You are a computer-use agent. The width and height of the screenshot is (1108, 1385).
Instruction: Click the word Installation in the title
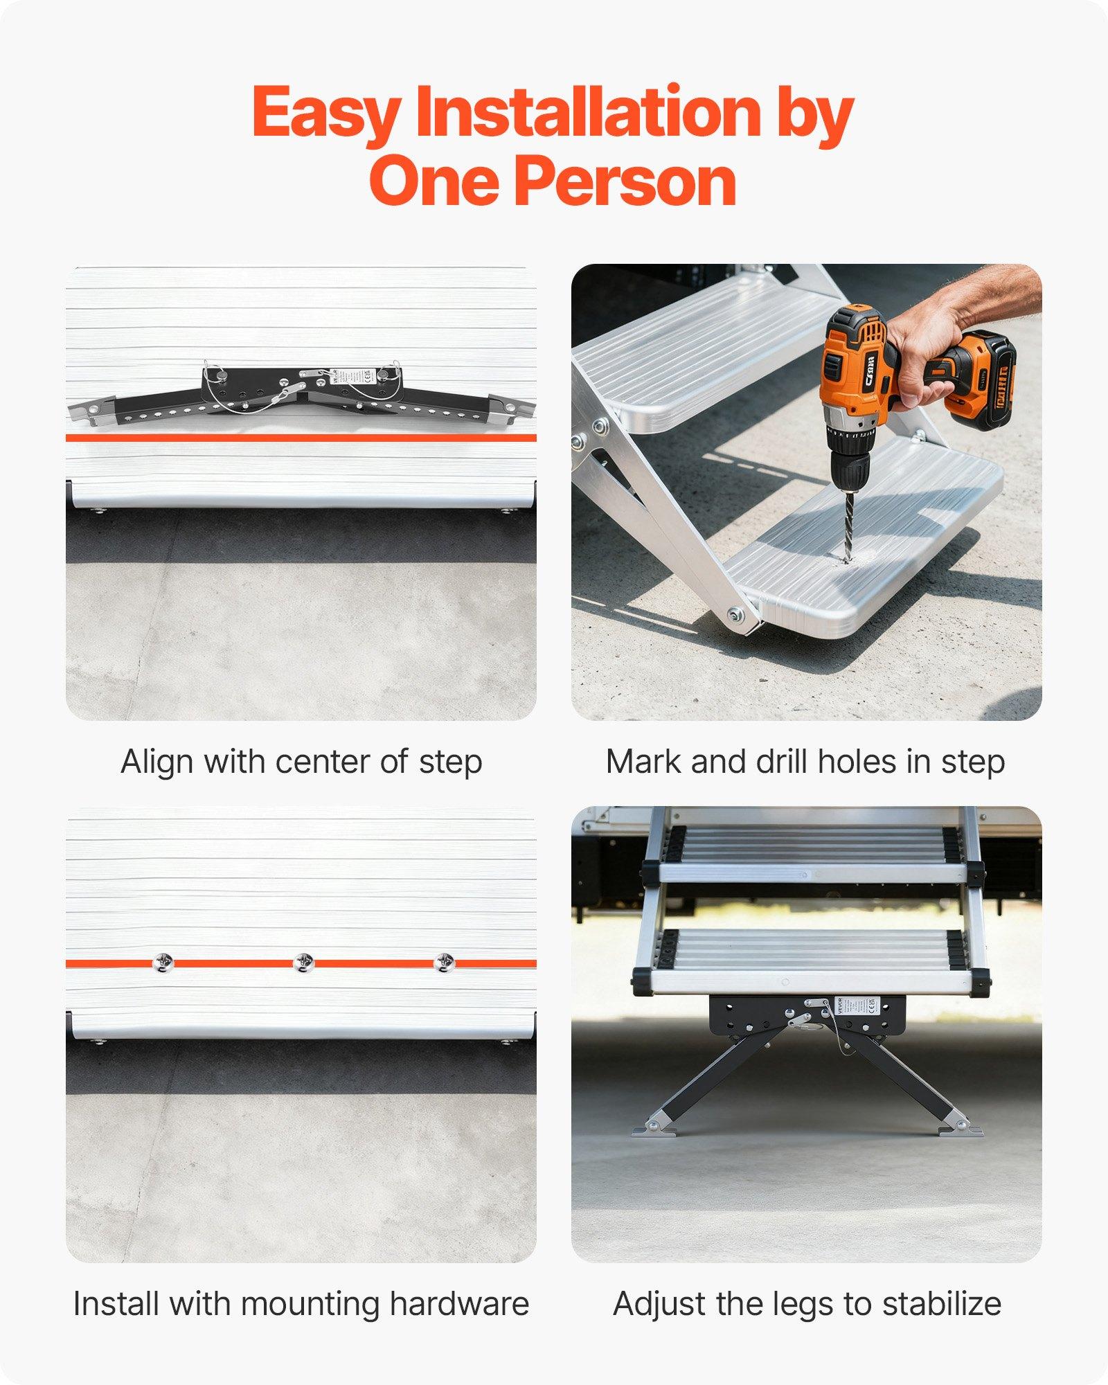587,112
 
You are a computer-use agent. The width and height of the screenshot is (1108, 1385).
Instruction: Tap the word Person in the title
625,181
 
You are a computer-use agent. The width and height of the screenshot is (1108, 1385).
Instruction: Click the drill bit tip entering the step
846,558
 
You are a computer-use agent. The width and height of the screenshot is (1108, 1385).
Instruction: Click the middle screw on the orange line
303,963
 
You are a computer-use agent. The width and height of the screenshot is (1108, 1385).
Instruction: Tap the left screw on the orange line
163,963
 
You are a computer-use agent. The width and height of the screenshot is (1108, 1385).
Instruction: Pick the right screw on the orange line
444,963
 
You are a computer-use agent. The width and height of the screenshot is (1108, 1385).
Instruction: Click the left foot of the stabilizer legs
652,1131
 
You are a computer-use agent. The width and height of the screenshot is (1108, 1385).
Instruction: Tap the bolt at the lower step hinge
735,614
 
